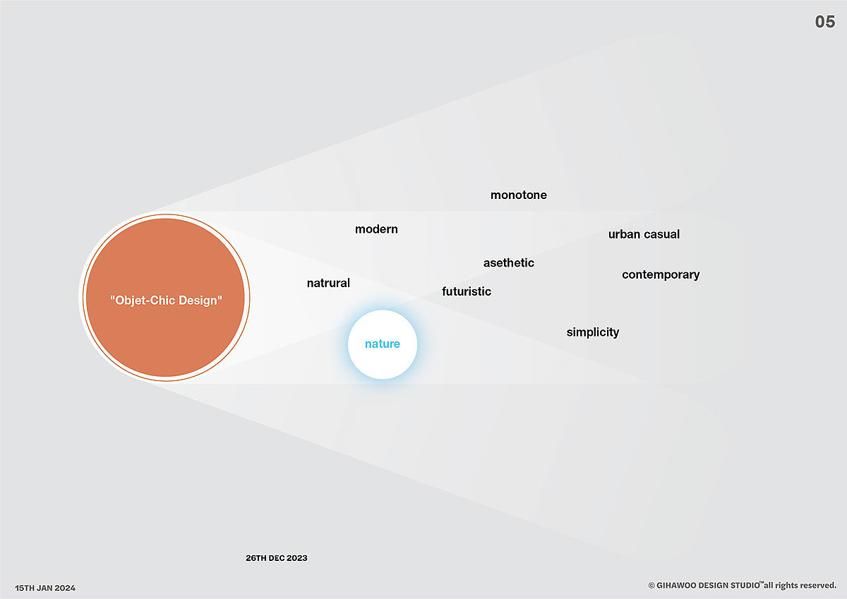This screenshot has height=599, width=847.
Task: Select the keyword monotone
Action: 519,195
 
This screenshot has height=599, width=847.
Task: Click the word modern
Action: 376,229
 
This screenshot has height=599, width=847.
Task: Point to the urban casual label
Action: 644,234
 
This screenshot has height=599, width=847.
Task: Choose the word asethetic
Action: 509,262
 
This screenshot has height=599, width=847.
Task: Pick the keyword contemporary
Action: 661,274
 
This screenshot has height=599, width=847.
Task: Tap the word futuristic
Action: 467,291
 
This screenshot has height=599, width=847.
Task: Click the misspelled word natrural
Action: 328,283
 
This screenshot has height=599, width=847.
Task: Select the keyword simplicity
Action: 593,332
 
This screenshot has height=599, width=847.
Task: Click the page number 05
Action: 825,22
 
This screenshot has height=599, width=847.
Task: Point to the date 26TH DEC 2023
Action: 277,558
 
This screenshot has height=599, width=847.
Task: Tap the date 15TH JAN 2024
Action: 45,588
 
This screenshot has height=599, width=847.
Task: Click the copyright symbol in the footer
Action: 651,586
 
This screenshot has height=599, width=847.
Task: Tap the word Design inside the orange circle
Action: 200,300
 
